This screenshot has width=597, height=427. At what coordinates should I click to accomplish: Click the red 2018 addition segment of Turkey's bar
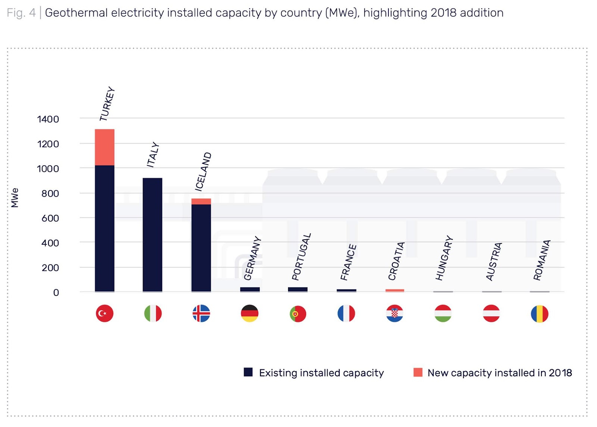click(x=104, y=147)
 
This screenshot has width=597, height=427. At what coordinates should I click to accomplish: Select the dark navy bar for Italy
click(x=152, y=235)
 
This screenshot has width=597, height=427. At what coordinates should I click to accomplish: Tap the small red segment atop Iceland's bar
click(x=201, y=201)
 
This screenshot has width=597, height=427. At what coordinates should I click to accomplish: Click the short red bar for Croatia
click(x=395, y=290)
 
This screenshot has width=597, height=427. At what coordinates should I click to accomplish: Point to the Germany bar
click(x=250, y=289)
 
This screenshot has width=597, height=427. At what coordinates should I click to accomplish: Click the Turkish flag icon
click(x=104, y=313)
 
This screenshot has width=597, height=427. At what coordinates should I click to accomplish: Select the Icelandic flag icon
click(x=201, y=313)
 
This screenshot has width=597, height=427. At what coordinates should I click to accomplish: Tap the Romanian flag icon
click(x=540, y=314)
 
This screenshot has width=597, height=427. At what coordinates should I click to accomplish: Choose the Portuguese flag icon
click(x=298, y=314)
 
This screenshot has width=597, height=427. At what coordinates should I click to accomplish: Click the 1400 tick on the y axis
click(x=48, y=119)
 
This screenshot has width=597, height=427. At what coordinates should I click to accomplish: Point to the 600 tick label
click(x=50, y=218)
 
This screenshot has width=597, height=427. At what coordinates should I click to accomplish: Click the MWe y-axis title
click(x=15, y=198)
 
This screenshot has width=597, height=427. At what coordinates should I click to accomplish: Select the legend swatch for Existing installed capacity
click(x=248, y=372)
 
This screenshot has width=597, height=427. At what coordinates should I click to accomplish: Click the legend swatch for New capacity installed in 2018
click(x=418, y=372)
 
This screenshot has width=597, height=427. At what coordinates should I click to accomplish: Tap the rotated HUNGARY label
click(x=444, y=258)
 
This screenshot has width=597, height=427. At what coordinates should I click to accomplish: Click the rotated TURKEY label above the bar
click(x=107, y=104)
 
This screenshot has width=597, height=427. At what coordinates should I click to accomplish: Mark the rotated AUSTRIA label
click(x=494, y=261)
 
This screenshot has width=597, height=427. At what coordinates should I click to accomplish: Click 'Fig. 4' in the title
click(x=21, y=13)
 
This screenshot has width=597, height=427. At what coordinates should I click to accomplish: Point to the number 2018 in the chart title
click(x=443, y=13)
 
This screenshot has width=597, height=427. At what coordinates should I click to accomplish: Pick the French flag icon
click(x=346, y=313)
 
